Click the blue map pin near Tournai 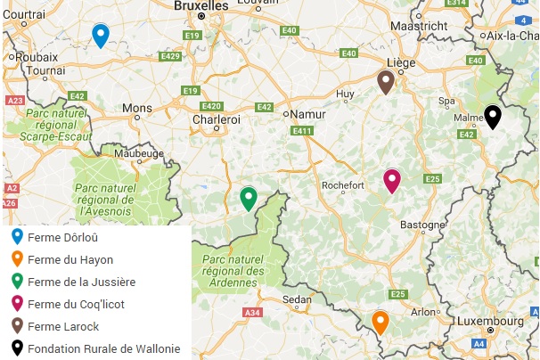(101, 35)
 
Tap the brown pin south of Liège (385, 82)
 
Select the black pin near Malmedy (492, 116)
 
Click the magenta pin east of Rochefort (391, 180)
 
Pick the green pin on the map (249, 198)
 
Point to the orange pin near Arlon (380, 321)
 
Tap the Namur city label (304, 114)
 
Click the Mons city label (137, 108)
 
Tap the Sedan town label (296, 299)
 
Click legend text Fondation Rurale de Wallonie (103, 348)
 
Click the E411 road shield (302, 131)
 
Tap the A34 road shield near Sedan (253, 313)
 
